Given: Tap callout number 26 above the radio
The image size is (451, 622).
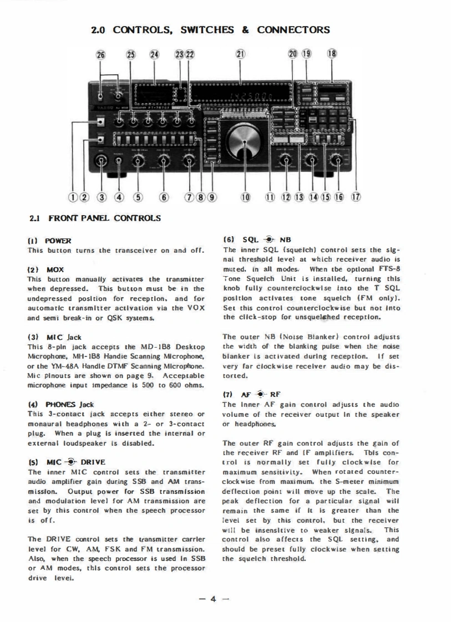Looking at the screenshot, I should (100, 54).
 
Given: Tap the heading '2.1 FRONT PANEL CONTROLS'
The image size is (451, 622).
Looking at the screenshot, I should (95, 218).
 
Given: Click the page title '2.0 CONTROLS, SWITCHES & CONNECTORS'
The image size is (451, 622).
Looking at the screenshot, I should (210, 29).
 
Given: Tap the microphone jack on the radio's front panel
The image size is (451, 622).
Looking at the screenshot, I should (100, 161).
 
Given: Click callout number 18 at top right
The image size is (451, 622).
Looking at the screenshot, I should (332, 54).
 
